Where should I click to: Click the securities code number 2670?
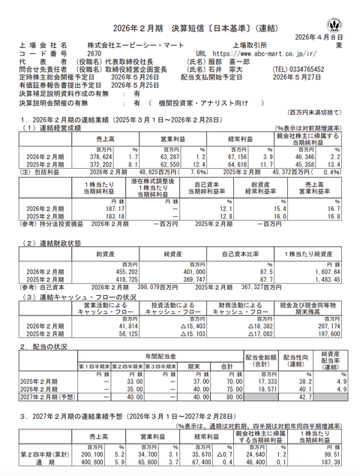click(x=95, y=54)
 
